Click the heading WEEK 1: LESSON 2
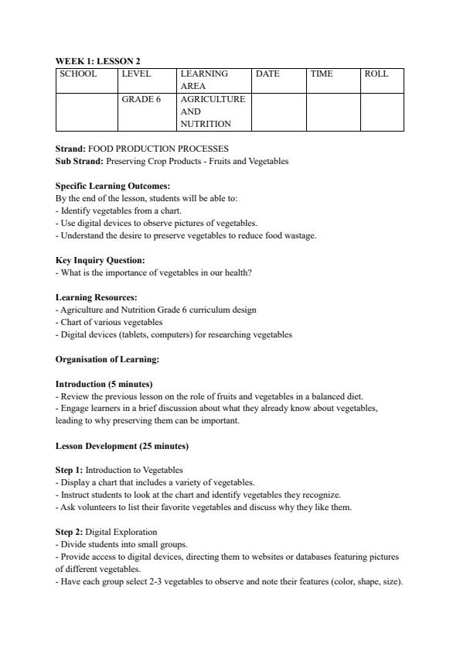(x=98, y=60)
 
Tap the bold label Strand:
(x=71, y=149)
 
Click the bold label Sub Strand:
(x=80, y=161)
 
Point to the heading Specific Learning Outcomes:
(x=113, y=186)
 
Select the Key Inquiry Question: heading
(x=100, y=260)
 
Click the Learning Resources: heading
(x=97, y=297)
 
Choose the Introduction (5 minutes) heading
(x=104, y=384)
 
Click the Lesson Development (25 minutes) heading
(x=122, y=446)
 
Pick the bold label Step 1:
(x=70, y=470)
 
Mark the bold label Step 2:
(x=70, y=532)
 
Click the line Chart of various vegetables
(x=111, y=322)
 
